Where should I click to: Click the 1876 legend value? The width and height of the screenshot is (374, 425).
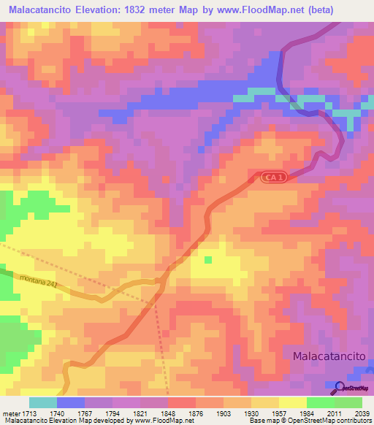176,413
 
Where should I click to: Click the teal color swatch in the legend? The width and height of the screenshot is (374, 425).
42,402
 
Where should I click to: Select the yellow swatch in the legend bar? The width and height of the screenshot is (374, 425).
292,402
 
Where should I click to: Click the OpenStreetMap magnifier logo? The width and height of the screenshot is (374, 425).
340,388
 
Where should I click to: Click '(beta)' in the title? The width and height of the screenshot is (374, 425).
304,11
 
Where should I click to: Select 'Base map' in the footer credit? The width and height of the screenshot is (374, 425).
261,421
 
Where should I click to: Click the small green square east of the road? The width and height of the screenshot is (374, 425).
208,259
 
